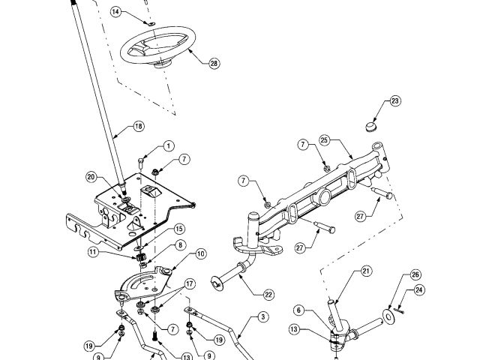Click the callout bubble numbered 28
pyautogui.click(x=214, y=64)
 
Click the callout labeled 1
pyautogui.click(x=168, y=145)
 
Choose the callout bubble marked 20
pyautogui.click(x=91, y=178)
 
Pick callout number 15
pyautogui.click(x=179, y=229)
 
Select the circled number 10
pyautogui.click(x=200, y=254)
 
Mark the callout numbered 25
pyautogui.click(x=324, y=141)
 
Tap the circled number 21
pyautogui.click(x=366, y=271)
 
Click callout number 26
pyautogui.click(x=415, y=275)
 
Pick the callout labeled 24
pyautogui.click(x=419, y=289)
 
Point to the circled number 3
pyautogui.click(x=262, y=317)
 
